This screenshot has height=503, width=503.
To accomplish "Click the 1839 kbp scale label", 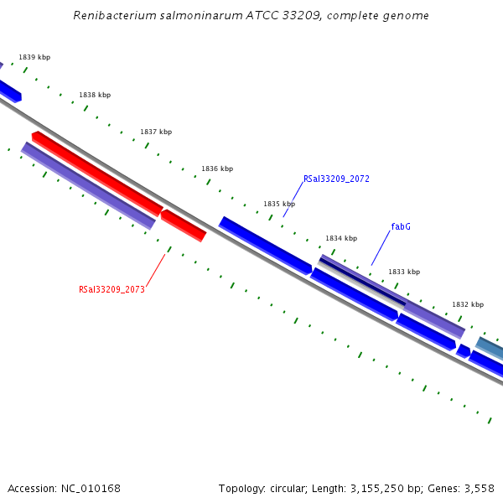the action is click(34, 57).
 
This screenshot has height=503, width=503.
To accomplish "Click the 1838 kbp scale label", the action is click(95, 95).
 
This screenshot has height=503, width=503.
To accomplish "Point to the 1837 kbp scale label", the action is click(156, 132).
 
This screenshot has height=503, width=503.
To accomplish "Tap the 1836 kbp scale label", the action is click(217, 169).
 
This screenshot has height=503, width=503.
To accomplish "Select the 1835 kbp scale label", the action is click(279, 204).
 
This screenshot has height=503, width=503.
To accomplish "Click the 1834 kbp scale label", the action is click(341, 238).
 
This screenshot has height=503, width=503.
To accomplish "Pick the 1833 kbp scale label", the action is click(404, 272).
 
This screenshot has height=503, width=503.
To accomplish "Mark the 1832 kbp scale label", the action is click(468, 304).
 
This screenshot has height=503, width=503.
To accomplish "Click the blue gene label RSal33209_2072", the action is click(336, 179).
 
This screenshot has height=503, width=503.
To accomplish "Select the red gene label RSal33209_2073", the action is click(111, 289).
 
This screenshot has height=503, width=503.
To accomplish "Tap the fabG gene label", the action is click(401, 226).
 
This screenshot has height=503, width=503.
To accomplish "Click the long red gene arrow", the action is click(97, 174).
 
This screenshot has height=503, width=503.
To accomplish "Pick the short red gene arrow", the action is click(183, 225).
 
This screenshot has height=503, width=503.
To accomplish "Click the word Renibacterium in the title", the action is click(114, 15).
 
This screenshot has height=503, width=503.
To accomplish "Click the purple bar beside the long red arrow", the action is click(88, 185).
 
